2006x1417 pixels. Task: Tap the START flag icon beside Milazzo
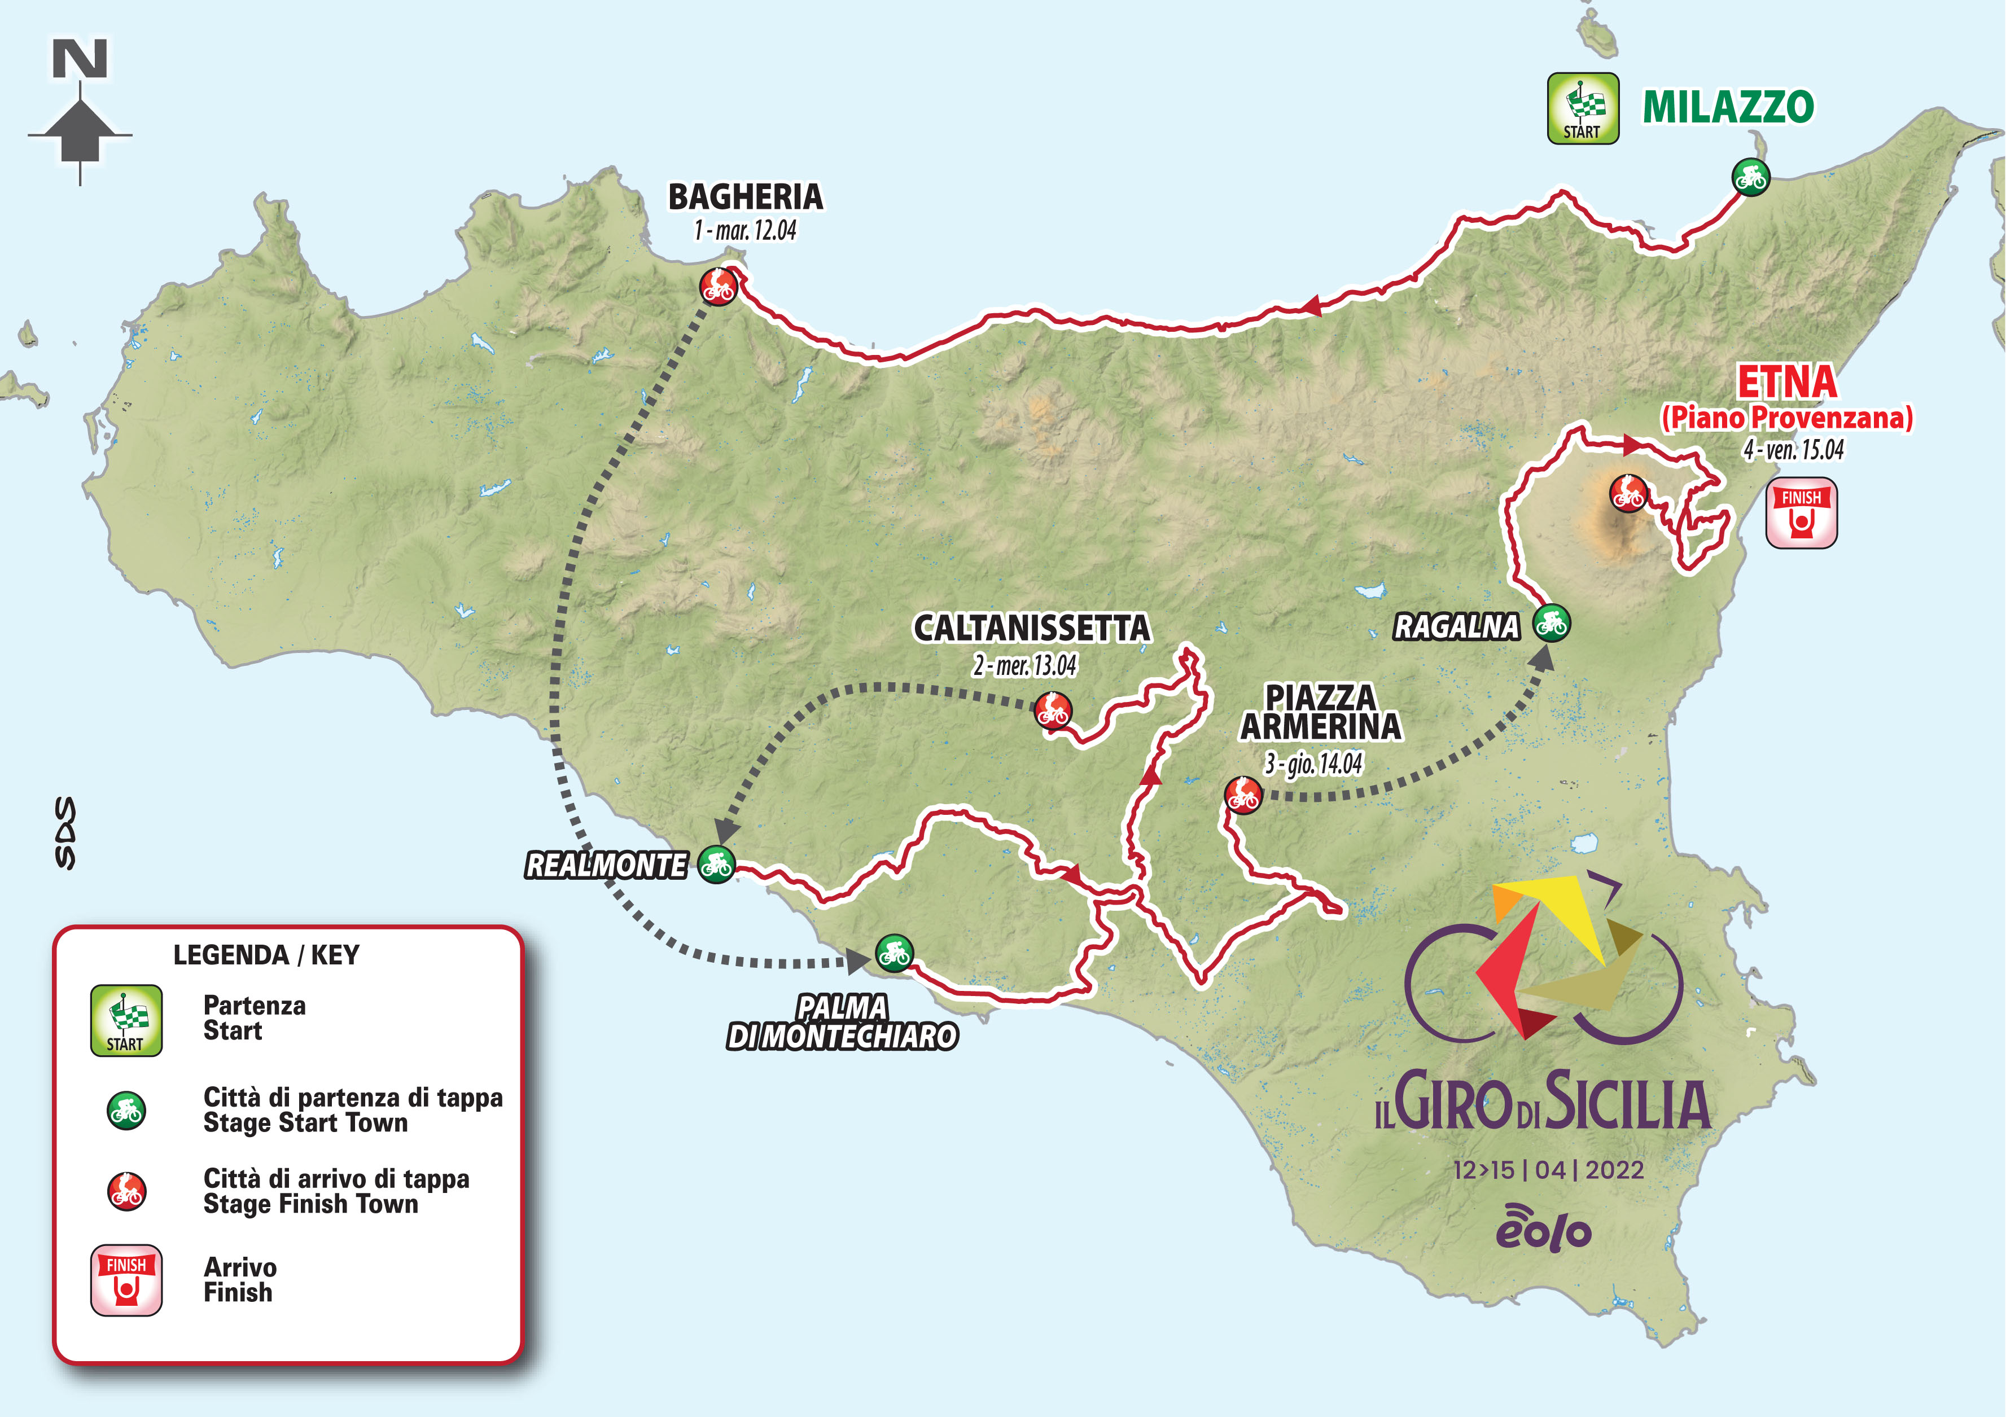1582,108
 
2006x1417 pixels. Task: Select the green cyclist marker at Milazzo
1750,177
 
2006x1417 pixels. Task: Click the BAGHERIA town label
745,198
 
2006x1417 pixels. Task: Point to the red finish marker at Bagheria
718,286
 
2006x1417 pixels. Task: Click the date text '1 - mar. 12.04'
745,231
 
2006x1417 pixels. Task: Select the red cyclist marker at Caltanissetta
1053,711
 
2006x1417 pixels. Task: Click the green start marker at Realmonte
716,865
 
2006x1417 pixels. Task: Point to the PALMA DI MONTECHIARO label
842,1022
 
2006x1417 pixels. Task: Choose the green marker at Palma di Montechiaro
894,953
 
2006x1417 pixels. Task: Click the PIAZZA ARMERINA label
1320,712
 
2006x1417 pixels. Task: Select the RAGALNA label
1456,626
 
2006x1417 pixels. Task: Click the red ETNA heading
1786,382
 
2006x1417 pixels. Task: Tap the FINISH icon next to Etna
1801,513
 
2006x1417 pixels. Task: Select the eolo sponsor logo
1543,1229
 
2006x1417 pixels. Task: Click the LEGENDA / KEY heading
266,955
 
